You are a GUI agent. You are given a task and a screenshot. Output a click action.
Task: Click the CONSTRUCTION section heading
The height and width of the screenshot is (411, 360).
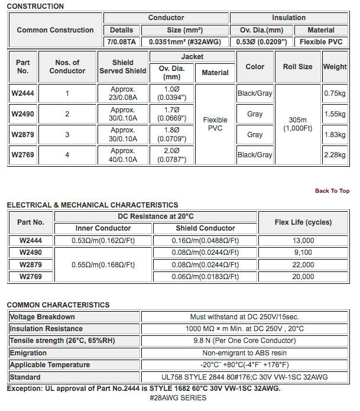point(35,6)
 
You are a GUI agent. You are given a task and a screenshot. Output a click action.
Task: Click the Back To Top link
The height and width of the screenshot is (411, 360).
point(332,191)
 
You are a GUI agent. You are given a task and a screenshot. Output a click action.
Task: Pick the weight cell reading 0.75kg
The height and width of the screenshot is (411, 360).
point(335,93)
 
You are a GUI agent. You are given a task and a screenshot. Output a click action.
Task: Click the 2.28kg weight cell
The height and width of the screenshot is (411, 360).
point(335,155)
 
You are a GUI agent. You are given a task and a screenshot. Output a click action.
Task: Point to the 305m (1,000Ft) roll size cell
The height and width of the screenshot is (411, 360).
point(297,124)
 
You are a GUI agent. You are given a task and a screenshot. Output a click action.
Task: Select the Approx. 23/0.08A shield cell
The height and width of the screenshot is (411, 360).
point(123,93)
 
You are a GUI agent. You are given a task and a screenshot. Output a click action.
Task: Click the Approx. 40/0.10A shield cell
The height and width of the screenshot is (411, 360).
point(123,155)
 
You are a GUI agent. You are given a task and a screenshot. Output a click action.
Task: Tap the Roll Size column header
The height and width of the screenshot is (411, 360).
point(297,67)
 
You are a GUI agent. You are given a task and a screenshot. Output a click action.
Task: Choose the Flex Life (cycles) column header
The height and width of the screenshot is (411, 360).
point(303,222)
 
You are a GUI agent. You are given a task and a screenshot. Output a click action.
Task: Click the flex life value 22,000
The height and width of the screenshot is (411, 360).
point(303,264)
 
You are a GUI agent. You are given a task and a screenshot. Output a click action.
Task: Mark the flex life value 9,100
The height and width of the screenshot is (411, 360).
point(303,253)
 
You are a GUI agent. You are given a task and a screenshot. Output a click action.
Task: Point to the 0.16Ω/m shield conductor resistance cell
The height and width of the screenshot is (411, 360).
point(205,241)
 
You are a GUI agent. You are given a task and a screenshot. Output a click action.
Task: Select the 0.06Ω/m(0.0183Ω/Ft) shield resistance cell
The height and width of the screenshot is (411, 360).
point(205,276)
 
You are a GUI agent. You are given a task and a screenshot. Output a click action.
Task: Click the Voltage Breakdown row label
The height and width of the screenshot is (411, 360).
point(38,317)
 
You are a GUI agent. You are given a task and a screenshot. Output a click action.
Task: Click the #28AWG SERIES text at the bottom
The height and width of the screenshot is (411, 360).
point(178,398)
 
